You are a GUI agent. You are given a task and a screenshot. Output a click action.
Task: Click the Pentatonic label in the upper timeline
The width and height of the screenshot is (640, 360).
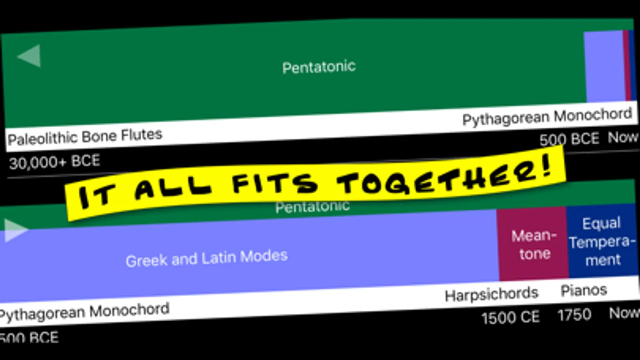click(x=319, y=67)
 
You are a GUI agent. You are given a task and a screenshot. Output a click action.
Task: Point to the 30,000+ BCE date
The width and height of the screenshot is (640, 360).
click(x=54, y=162)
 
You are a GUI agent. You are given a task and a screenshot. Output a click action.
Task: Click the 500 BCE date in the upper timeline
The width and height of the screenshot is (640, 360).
click(x=569, y=139)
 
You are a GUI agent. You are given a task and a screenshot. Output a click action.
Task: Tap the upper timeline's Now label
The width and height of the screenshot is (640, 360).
click(x=623, y=137)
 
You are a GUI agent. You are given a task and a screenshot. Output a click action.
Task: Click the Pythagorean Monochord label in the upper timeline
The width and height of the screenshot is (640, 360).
click(x=547, y=116)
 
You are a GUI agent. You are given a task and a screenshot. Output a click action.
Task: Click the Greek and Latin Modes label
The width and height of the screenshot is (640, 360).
click(x=207, y=258)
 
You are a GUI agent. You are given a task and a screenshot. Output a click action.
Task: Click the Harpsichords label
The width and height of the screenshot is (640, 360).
click(x=492, y=294)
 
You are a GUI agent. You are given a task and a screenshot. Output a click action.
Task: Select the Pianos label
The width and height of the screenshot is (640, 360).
click(x=584, y=291)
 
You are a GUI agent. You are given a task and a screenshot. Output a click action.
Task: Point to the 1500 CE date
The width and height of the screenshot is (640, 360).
click(x=511, y=317)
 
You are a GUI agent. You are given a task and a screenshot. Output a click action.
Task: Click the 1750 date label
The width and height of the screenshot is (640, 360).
click(x=574, y=315)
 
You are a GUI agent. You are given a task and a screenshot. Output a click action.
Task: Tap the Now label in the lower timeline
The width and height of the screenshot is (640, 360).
click(x=624, y=313)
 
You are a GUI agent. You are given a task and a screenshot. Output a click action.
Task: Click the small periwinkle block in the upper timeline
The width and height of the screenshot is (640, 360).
click(x=604, y=66)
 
